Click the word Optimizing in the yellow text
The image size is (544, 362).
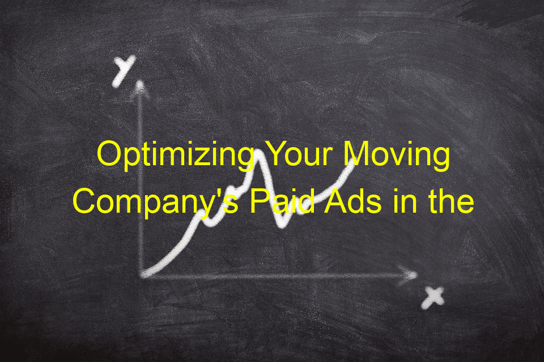(x=176, y=155)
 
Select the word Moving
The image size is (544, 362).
(x=397, y=155)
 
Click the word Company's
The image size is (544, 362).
(x=156, y=203)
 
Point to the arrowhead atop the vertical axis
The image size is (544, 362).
(x=140, y=87)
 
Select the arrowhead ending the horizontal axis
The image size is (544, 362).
(x=409, y=275)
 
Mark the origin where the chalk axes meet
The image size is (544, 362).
(x=142, y=275)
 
